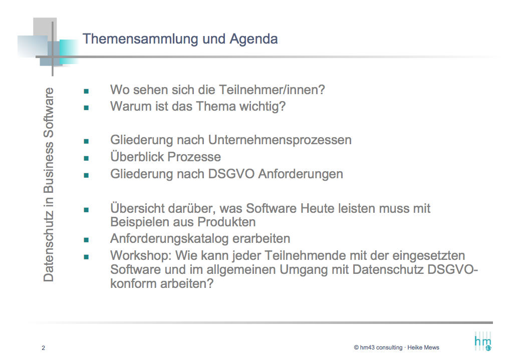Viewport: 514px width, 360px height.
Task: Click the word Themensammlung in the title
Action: click(140, 39)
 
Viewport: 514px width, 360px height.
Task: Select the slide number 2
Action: click(43, 348)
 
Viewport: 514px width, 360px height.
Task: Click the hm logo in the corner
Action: click(483, 342)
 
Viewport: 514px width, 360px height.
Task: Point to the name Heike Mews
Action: click(423, 347)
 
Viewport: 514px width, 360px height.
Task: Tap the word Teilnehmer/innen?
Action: click(272, 90)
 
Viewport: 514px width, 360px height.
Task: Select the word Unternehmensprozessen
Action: click(280, 140)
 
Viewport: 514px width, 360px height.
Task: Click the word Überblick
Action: click(137, 157)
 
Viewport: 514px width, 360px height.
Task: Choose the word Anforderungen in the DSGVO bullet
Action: click(301, 174)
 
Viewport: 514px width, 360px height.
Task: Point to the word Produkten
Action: click(226, 222)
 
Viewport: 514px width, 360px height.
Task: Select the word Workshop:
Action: click(141, 256)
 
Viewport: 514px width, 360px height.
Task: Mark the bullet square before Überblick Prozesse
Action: click(86, 158)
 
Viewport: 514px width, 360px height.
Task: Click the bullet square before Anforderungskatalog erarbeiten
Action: click(86, 240)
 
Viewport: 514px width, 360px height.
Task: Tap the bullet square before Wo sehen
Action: click(86, 91)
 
